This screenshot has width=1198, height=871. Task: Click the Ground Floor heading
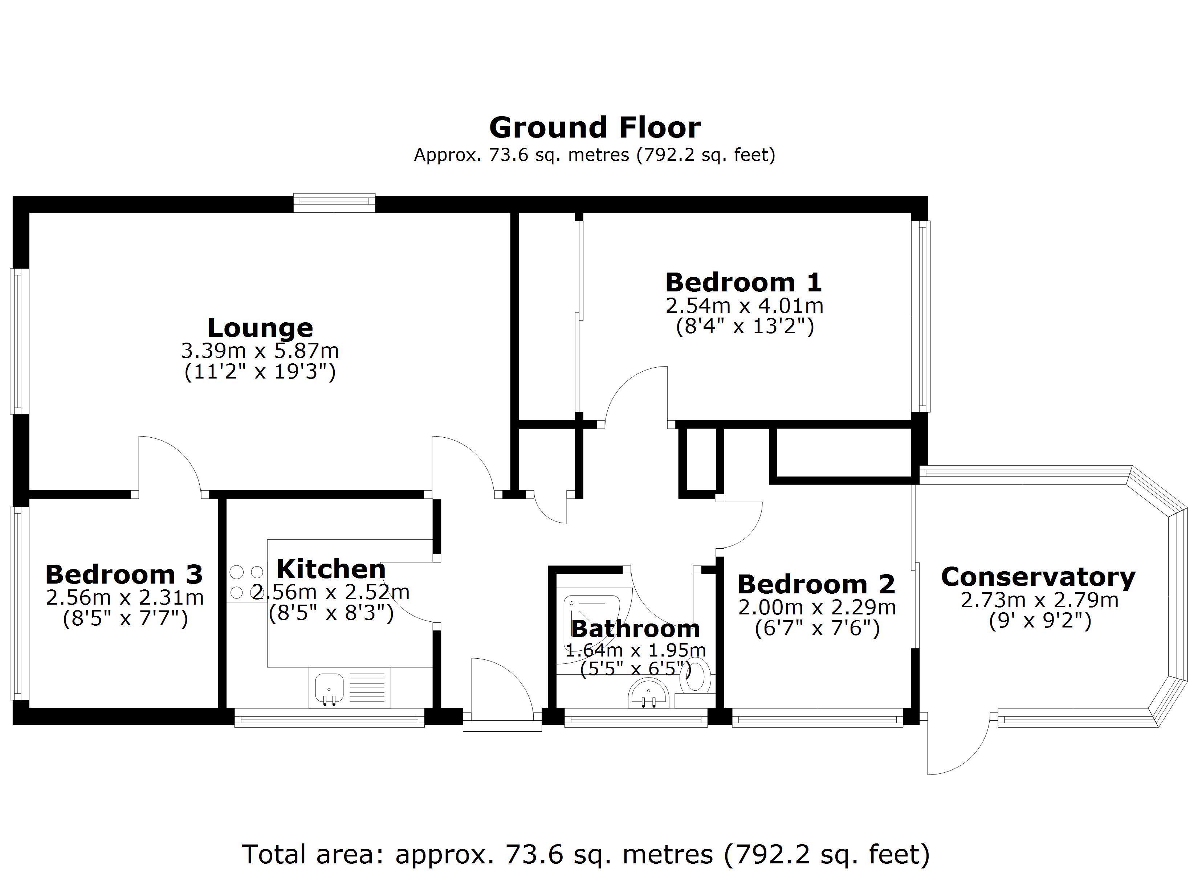[595, 128]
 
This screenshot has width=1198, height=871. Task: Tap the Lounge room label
[260, 328]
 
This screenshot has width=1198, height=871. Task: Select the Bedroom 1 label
[743, 283]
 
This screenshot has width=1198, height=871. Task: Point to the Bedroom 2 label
[816, 585]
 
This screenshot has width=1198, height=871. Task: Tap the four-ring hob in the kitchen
[246, 582]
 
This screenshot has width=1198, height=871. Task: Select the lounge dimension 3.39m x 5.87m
[260, 351]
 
